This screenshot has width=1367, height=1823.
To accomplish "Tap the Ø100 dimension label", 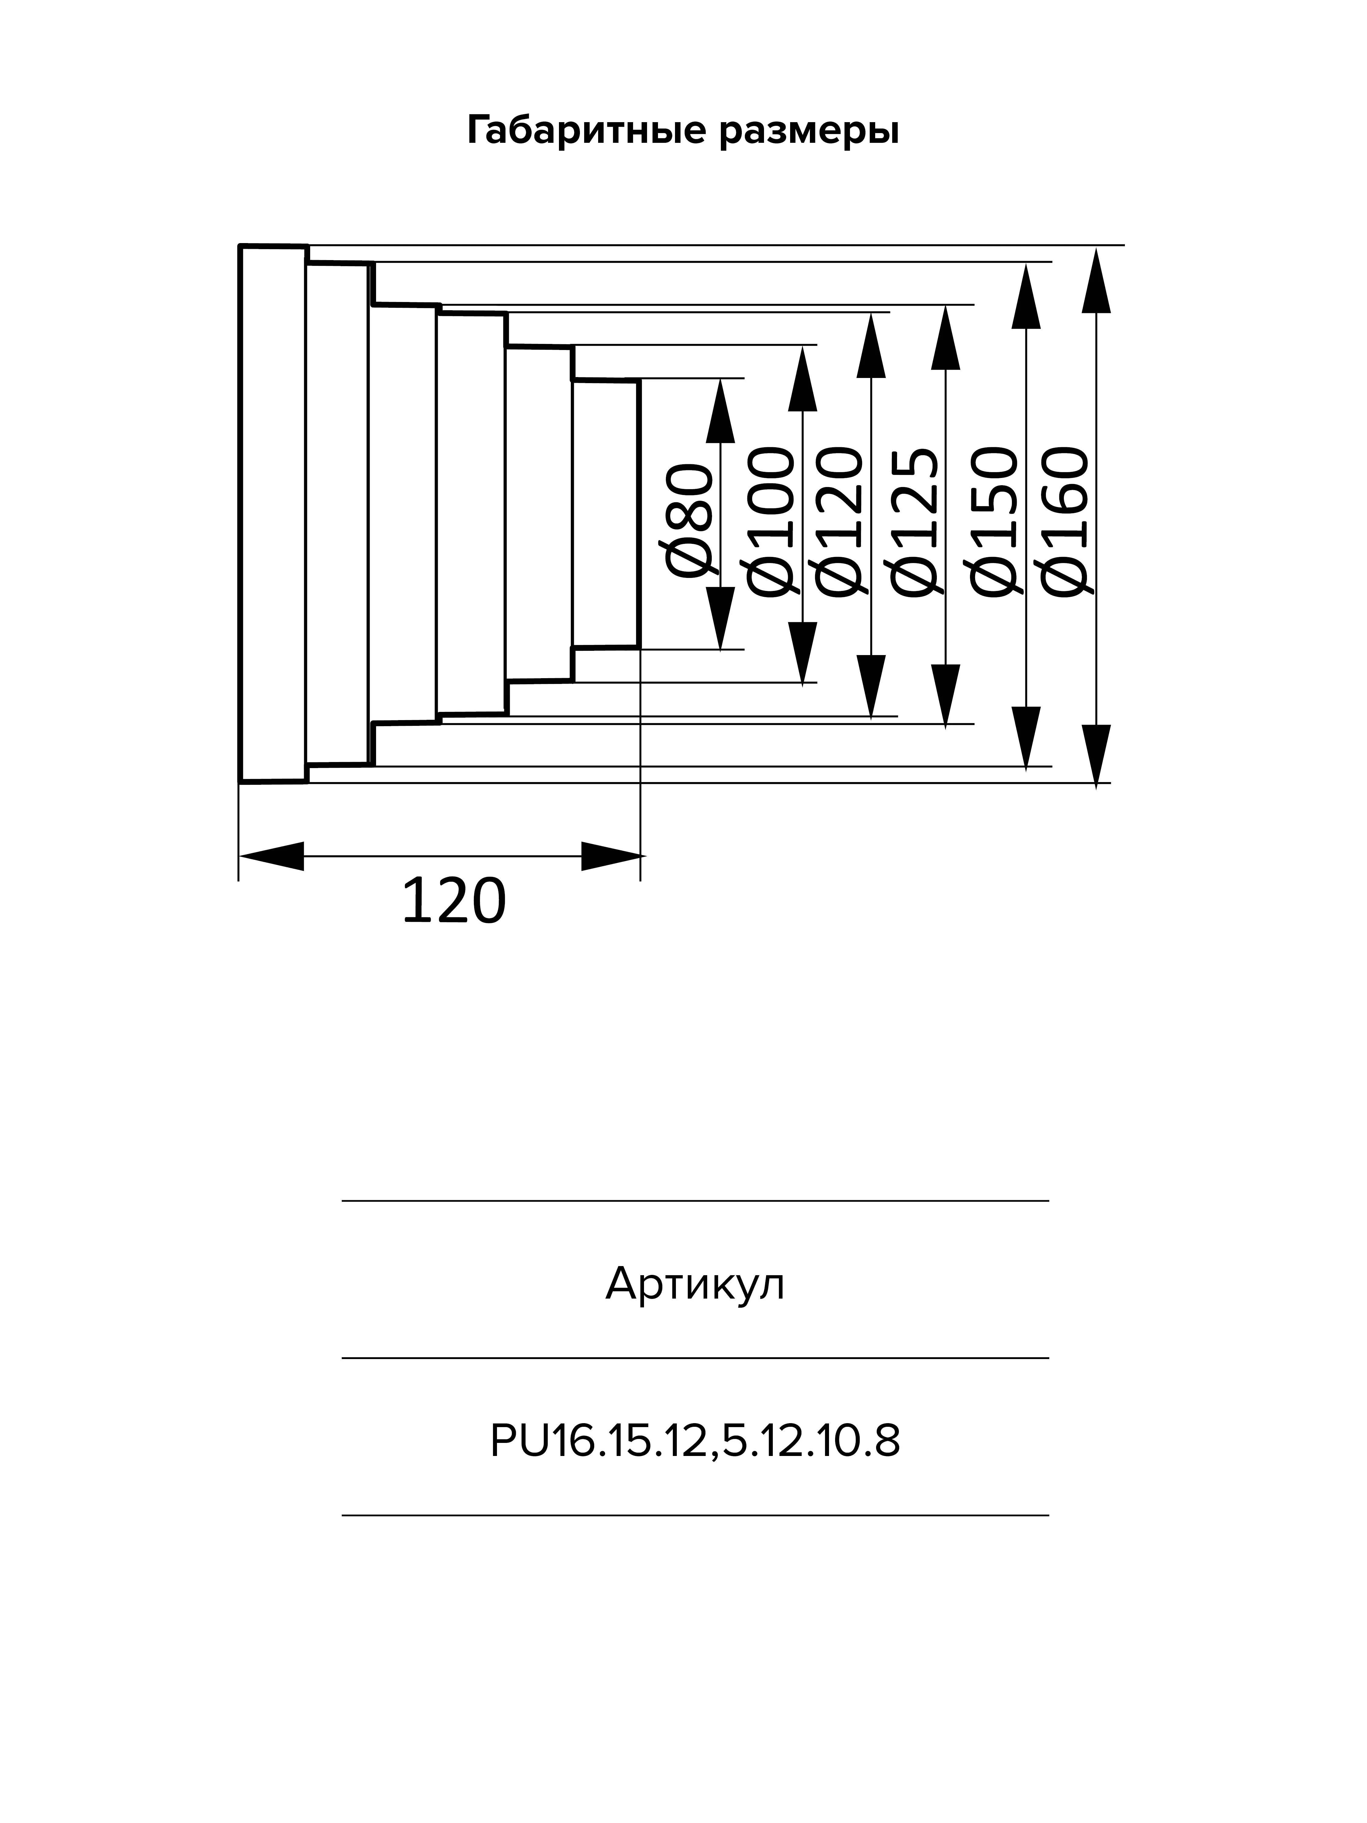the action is click(x=770, y=521).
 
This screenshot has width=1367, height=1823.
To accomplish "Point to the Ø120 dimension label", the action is click(x=838, y=521).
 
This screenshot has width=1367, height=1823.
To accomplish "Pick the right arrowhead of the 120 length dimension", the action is click(x=612, y=856).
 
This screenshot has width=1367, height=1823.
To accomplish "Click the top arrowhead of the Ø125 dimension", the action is click(x=946, y=338).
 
